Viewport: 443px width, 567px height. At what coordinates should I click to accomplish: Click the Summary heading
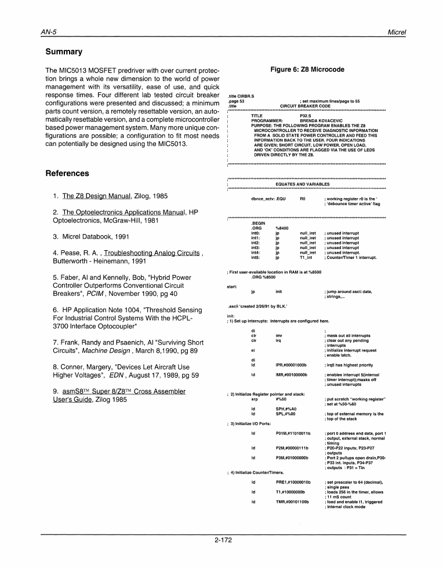coord(64,52)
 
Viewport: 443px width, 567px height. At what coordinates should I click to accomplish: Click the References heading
coord(67,173)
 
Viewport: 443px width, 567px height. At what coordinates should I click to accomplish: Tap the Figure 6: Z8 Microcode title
coord(307,69)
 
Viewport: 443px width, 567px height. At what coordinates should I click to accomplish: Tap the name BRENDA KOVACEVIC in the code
coord(319,120)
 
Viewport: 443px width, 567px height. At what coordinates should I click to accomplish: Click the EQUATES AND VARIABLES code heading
coord(302,184)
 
